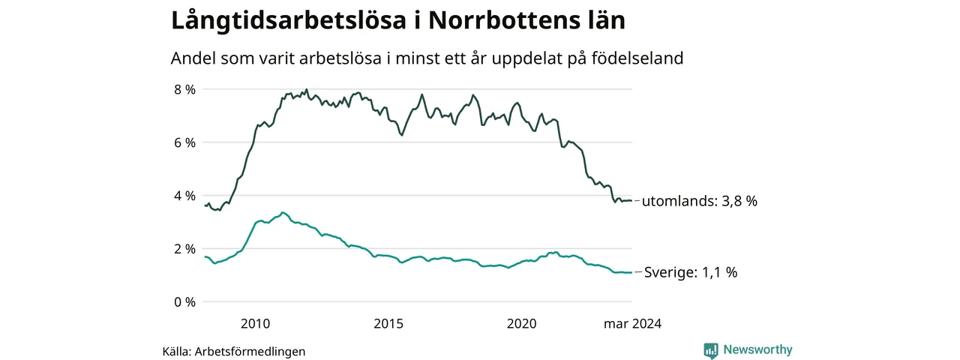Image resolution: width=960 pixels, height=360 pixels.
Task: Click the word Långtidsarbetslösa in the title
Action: tap(289, 20)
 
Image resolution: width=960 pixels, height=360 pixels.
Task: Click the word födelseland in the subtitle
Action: tap(637, 58)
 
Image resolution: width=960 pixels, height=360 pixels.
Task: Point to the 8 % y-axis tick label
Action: tap(184, 89)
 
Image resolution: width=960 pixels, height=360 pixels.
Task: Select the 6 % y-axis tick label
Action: tap(184, 142)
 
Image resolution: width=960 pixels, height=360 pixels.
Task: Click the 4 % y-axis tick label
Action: tap(184, 196)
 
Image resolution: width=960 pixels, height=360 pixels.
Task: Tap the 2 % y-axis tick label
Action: tap(184, 249)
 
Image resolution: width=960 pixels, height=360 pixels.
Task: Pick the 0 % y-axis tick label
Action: tap(184, 302)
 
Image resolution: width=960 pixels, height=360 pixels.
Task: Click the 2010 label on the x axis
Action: tap(256, 323)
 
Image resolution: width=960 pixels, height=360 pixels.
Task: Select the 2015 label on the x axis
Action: tap(388, 323)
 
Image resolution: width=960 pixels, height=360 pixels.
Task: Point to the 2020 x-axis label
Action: tap(521, 323)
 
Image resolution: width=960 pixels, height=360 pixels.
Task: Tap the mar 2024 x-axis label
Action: tap(632, 323)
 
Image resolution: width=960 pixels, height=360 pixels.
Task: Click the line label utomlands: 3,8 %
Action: tap(700, 201)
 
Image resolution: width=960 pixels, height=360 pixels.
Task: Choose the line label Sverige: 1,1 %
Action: tap(691, 272)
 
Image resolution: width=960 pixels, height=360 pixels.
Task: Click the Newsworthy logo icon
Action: tap(711, 350)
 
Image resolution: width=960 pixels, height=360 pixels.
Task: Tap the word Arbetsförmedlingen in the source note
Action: tap(250, 352)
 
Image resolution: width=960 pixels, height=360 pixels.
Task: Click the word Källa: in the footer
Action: tap(176, 352)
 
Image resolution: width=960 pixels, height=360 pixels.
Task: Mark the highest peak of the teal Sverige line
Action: tap(282, 212)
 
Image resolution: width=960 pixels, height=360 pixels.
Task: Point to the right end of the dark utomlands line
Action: tap(631, 200)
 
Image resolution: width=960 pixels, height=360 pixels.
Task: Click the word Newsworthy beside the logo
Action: tap(757, 349)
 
